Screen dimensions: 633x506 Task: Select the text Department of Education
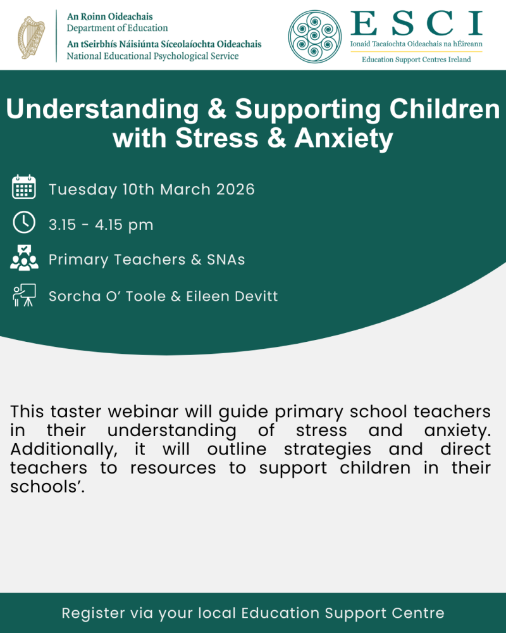point(118,28)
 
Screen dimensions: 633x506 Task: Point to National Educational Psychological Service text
point(153,56)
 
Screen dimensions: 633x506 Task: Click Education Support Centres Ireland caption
point(416,60)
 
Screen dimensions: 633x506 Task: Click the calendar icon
point(24,188)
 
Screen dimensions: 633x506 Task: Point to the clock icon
point(24,223)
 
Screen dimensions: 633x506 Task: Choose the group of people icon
point(24,258)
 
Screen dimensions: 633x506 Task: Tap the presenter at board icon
point(24,295)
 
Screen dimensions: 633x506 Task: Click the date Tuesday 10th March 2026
point(152,189)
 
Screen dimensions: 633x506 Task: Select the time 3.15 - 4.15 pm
point(101,225)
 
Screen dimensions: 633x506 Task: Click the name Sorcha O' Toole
point(108,296)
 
